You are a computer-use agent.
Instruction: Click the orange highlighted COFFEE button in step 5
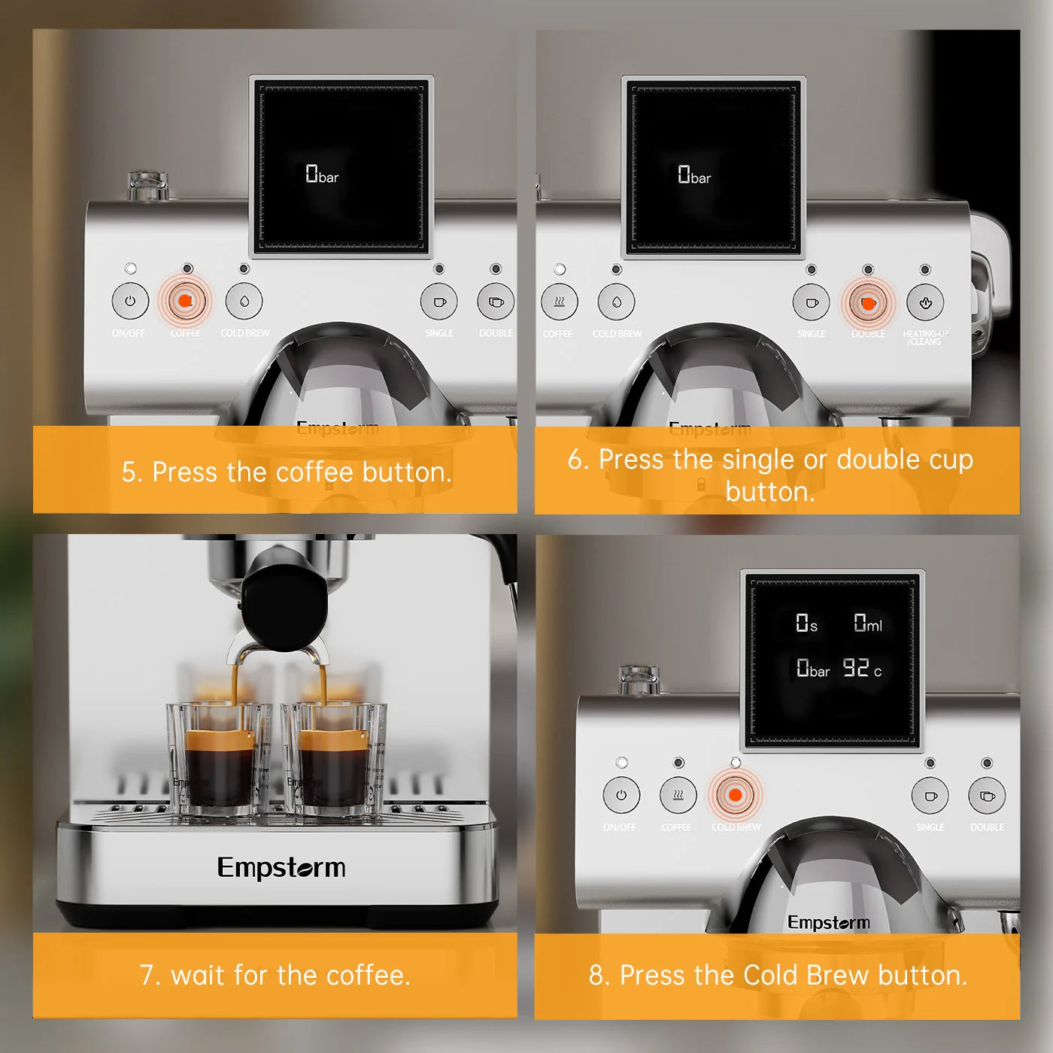coord(184,302)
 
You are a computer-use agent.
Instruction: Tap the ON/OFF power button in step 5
coord(130,302)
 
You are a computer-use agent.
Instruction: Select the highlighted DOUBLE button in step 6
coord(868,303)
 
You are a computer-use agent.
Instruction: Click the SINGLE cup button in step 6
coord(812,303)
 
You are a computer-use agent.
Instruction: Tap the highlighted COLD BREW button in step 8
coord(735,795)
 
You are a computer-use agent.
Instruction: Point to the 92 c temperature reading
coord(861,668)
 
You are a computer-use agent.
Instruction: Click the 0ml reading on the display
coord(867,623)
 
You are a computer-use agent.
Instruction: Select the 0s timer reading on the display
coord(806,624)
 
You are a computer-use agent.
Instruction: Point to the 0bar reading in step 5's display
coord(321,175)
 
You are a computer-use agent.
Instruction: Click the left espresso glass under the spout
coord(219,760)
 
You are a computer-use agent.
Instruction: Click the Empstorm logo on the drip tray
coord(281,868)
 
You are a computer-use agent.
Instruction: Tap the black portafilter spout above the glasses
coord(284,605)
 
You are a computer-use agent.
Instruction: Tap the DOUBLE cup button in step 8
coord(987,796)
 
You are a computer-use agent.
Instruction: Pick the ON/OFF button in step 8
coord(621,795)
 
